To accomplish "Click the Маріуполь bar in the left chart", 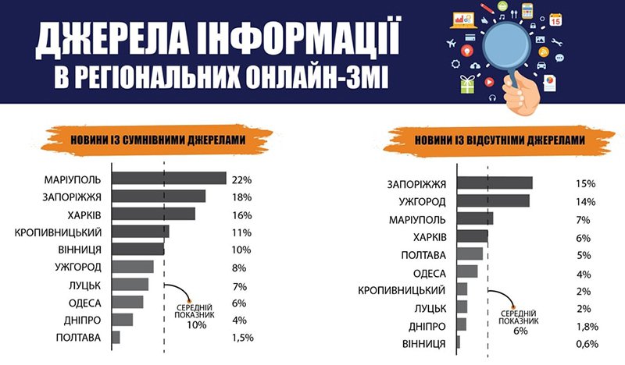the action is pos(169,179).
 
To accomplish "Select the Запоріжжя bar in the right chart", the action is pos(495,182).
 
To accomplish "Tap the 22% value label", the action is pos(242,180).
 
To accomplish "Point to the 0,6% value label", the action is pos(587,344).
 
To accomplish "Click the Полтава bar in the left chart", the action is pos(116,337).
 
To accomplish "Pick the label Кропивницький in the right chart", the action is pos(402,291).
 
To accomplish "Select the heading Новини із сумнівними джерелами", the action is pos(158,140).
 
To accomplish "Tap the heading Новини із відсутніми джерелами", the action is pos(500,140).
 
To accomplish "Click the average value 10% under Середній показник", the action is pos(197,325).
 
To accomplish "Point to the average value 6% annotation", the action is pos(520,331).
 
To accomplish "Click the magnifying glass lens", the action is pos(506,47).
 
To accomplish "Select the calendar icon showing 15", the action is pos(555,19).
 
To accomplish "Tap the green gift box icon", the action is pos(467,84).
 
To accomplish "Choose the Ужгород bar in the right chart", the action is pos(494,200).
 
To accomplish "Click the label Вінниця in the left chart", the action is pos(80,250).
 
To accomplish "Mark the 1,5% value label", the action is pos(243,338).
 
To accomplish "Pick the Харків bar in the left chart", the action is pos(153,214).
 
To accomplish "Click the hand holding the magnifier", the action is pos(520,94).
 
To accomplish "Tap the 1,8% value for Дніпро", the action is pos(587,326).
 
